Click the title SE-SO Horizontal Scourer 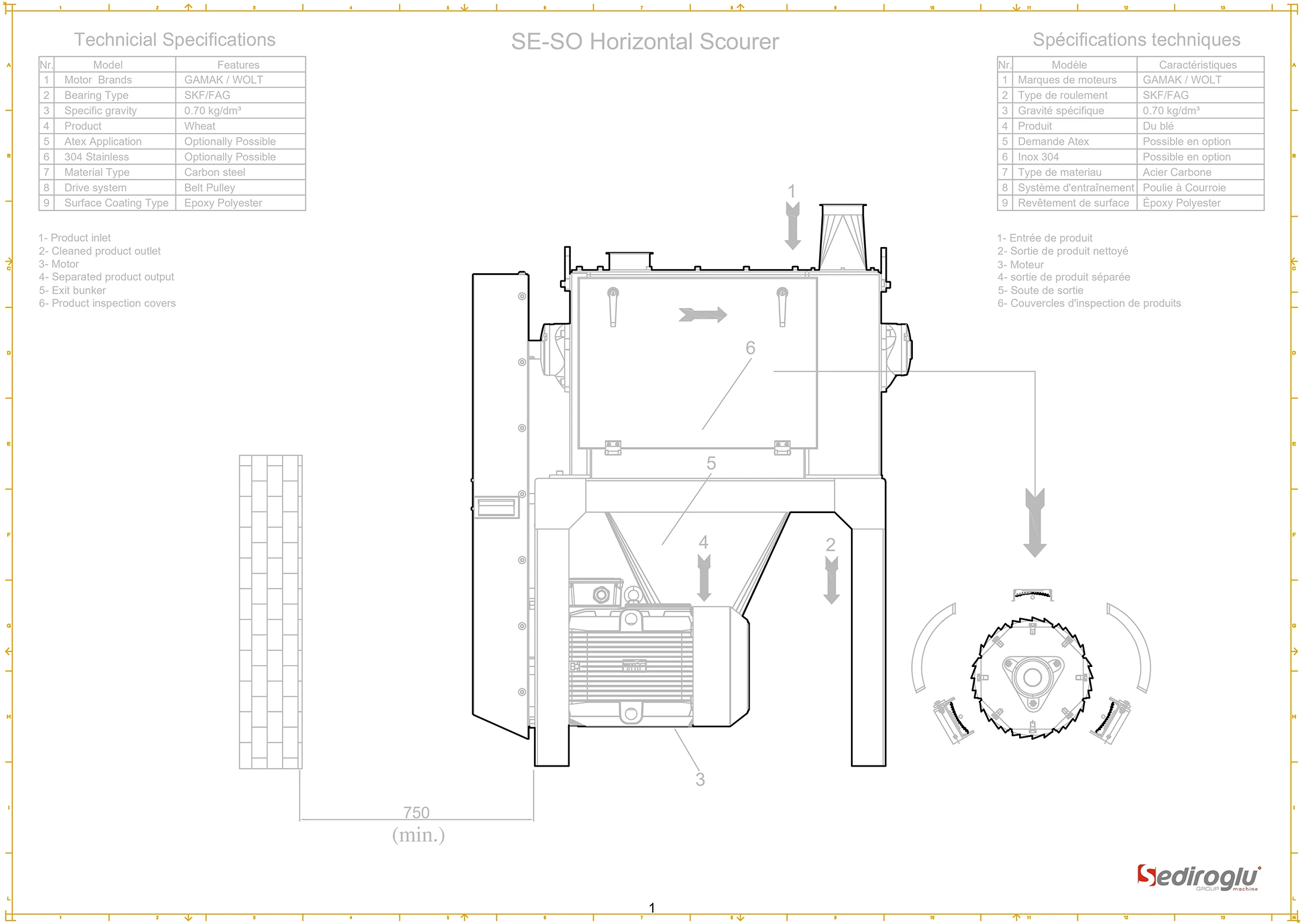tap(644, 42)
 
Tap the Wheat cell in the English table tap(200, 126)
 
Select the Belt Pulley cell tap(210, 188)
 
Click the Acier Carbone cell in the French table tap(1177, 172)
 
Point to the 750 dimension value tap(416, 812)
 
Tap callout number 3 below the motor tap(700, 779)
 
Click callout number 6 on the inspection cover tap(750, 347)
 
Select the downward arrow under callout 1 tap(792, 226)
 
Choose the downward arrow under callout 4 tap(704, 578)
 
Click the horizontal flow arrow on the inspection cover tap(703, 314)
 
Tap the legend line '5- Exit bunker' tap(72, 290)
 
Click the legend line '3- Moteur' tap(1020, 264)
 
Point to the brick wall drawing tap(271, 612)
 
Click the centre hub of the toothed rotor tap(1032, 677)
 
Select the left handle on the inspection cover tap(613, 306)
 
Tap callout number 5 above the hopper tap(711, 463)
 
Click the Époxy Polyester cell tap(1181, 203)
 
